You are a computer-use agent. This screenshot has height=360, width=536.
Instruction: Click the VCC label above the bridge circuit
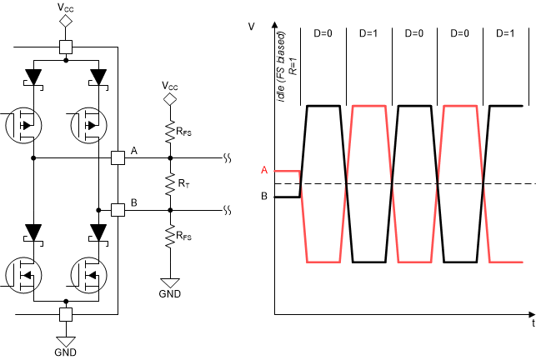pos(65,7)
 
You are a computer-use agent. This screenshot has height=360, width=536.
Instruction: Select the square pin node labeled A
pos(118,157)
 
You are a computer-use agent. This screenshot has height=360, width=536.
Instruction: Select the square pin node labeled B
pos(118,209)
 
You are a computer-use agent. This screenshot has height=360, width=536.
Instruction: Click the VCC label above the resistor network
pos(170,85)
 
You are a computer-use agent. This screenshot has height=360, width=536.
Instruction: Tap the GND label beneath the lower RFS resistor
pos(170,293)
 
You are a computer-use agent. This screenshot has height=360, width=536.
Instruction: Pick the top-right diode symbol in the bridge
pos(98,77)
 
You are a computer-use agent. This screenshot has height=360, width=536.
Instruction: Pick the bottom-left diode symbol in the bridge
pos(33,231)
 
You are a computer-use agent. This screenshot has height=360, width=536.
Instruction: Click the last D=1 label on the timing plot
pos(504,33)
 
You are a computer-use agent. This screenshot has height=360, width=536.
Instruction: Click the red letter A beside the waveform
pos(264,170)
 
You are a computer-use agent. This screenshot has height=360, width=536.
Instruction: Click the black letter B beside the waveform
pos(264,197)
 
